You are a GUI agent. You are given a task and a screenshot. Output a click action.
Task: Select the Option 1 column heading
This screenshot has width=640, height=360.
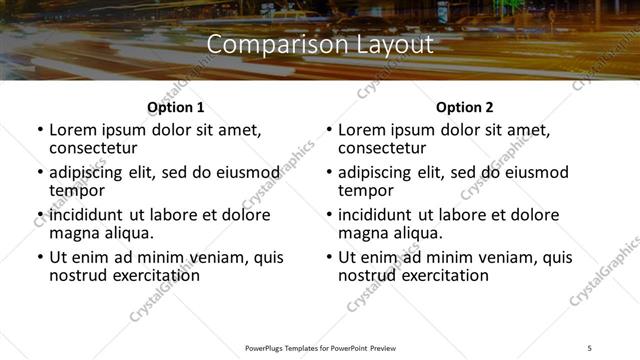[175, 107]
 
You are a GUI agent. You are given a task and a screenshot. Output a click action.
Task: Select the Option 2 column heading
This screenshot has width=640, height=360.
[464, 107]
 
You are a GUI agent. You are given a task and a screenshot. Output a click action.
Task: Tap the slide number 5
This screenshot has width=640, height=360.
[590, 347]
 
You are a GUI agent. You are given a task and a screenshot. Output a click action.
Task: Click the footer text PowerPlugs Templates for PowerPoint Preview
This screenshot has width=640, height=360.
[320, 347]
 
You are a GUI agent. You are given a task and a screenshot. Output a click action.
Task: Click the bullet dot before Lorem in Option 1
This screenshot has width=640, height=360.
[39, 130]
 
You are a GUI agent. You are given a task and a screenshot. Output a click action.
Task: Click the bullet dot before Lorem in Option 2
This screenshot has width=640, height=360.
[328, 130]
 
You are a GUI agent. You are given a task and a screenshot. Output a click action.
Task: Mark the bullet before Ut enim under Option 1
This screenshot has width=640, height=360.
[39, 257]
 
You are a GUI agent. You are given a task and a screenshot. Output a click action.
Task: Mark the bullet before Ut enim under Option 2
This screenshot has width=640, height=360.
[328, 257]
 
